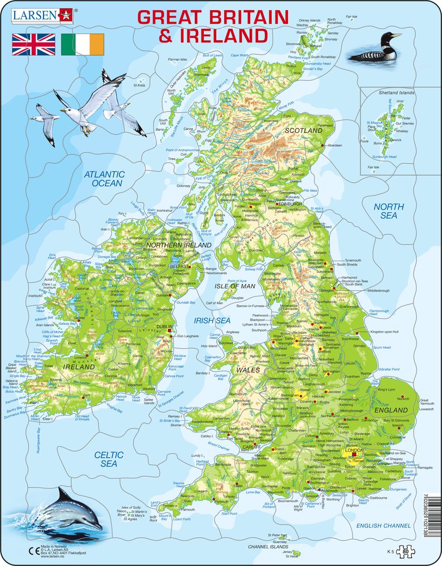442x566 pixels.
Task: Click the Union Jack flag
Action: click(33, 44)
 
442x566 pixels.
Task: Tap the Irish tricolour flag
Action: click(83, 44)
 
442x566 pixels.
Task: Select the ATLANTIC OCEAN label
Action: click(104, 179)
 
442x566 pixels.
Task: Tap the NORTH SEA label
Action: click(388, 211)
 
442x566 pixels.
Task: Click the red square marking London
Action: click(355, 454)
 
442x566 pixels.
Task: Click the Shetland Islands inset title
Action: click(396, 93)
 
